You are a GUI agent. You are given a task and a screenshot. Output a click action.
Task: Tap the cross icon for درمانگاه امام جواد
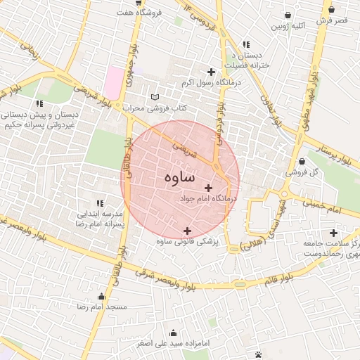point(208,188)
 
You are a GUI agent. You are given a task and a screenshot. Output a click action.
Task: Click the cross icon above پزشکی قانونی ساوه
point(187,231)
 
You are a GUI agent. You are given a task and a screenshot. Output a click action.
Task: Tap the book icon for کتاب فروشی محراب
point(155,97)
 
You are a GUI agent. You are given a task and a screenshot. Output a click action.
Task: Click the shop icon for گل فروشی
point(302,161)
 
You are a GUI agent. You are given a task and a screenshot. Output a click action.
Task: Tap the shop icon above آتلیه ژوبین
point(288,15)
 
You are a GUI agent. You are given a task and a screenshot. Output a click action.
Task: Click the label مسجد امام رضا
point(102,307)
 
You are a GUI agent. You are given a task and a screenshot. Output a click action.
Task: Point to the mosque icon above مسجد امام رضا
point(102,296)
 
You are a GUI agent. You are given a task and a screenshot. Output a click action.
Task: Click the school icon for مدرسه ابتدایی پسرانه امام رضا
point(98,203)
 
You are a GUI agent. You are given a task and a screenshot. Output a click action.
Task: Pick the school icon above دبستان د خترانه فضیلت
point(245,44)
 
